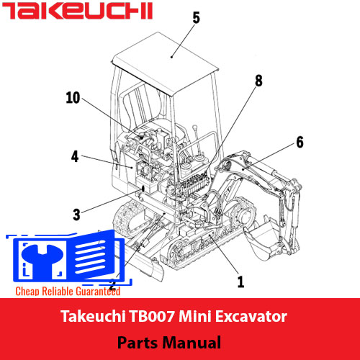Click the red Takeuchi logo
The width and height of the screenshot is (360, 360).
77,11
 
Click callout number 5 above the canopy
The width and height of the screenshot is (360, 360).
196,17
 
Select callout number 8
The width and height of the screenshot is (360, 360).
258,81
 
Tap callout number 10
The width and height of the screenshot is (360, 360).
73,98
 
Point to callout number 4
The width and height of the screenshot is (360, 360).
75,156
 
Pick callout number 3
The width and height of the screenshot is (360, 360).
76,215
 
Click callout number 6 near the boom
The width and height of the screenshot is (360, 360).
300,142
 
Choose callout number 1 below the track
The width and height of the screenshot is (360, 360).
240,282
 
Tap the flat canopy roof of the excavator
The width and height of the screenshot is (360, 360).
166,63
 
